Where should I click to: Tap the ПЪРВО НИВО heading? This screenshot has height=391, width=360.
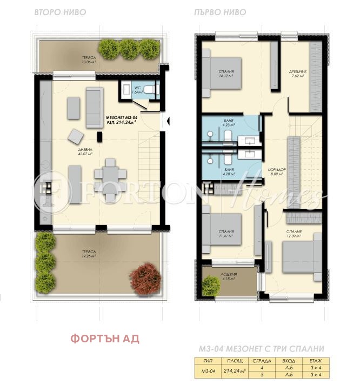point(219,11)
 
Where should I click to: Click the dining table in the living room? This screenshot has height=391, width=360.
point(109,174)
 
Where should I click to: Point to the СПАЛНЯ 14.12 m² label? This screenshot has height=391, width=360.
point(226,74)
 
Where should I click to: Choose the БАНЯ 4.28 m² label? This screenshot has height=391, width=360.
point(228,171)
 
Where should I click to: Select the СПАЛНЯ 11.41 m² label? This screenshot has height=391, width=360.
point(226,234)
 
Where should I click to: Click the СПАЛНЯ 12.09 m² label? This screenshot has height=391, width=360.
point(294,234)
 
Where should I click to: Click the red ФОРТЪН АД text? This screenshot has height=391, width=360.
point(105,339)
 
